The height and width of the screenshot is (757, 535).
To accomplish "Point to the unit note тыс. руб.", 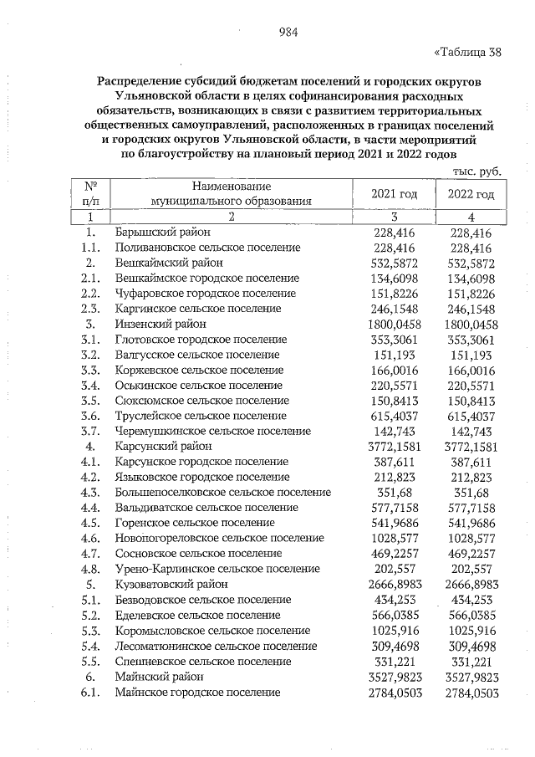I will [476, 171].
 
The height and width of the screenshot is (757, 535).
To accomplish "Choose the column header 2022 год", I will [472, 194].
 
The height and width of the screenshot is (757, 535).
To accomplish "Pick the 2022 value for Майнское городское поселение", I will [473, 692].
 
